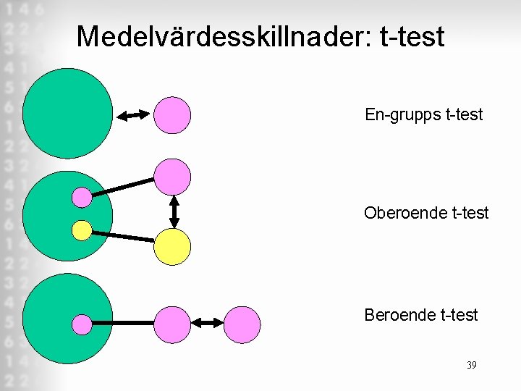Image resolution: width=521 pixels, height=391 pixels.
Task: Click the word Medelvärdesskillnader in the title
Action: (x=221, y=36)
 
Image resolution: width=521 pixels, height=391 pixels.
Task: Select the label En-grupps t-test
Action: (x=424, y=114)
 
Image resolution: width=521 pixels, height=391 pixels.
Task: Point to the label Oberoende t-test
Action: (x=426, y=213)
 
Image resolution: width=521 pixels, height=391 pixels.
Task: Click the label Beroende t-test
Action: (x=421, y=315)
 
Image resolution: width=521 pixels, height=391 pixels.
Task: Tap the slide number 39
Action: (x=471, y=365)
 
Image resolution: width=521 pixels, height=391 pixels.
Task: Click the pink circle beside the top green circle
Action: (x=173, y=114)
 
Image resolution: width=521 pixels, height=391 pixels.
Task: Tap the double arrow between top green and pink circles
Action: (x=133, y=114)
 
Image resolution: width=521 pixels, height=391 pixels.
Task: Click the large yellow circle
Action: (x=173, y=247)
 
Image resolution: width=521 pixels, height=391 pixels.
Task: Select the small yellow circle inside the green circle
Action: (x=82, y=230)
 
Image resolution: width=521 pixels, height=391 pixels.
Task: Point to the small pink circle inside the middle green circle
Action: (x=82, y=196)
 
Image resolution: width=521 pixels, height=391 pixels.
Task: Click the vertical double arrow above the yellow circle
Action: (x=174, y=211)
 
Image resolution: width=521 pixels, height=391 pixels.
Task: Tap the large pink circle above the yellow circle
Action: (x=173, y=177)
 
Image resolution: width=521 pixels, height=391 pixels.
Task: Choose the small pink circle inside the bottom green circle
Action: (x=82, y=324)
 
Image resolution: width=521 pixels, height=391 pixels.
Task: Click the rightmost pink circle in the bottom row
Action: (x=242, y=324)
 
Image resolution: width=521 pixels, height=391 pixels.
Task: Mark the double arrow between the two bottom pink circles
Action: (x=208, y=323)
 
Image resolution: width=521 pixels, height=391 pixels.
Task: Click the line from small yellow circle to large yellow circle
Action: (x=123, y=236)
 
